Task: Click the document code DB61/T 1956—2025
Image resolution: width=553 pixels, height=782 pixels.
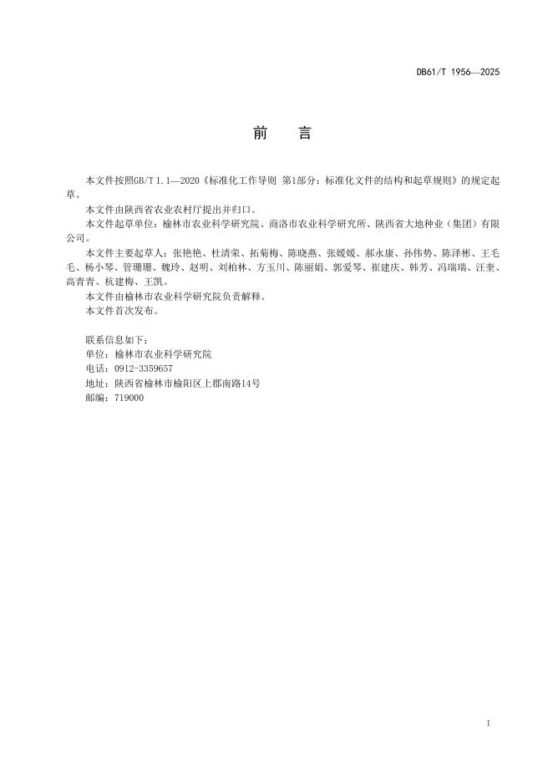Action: pos(458,73)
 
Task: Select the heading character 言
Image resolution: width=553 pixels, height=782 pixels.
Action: pos(305,134)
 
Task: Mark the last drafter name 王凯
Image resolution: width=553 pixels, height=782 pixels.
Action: pos(155,282)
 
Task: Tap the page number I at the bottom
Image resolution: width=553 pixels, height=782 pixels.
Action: pos(488,721)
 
